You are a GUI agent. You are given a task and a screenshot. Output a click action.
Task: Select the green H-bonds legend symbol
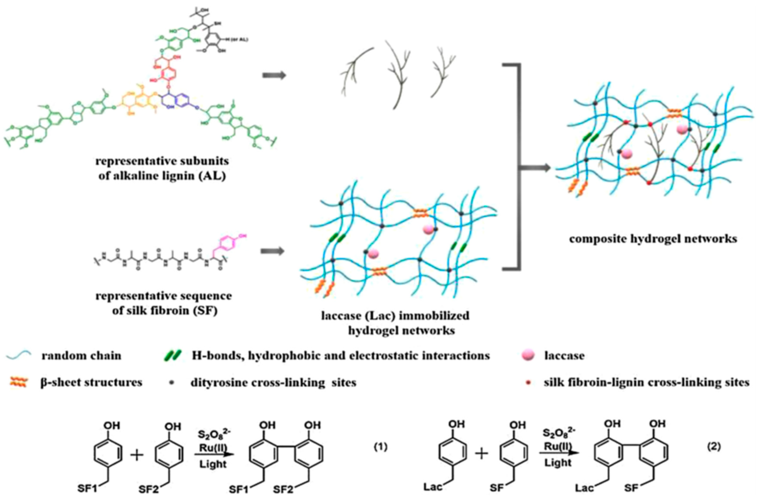pyautogui.click(x=172, y=355)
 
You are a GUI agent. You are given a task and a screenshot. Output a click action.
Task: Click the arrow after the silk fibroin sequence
pyautogui.click(x=272, y=251)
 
